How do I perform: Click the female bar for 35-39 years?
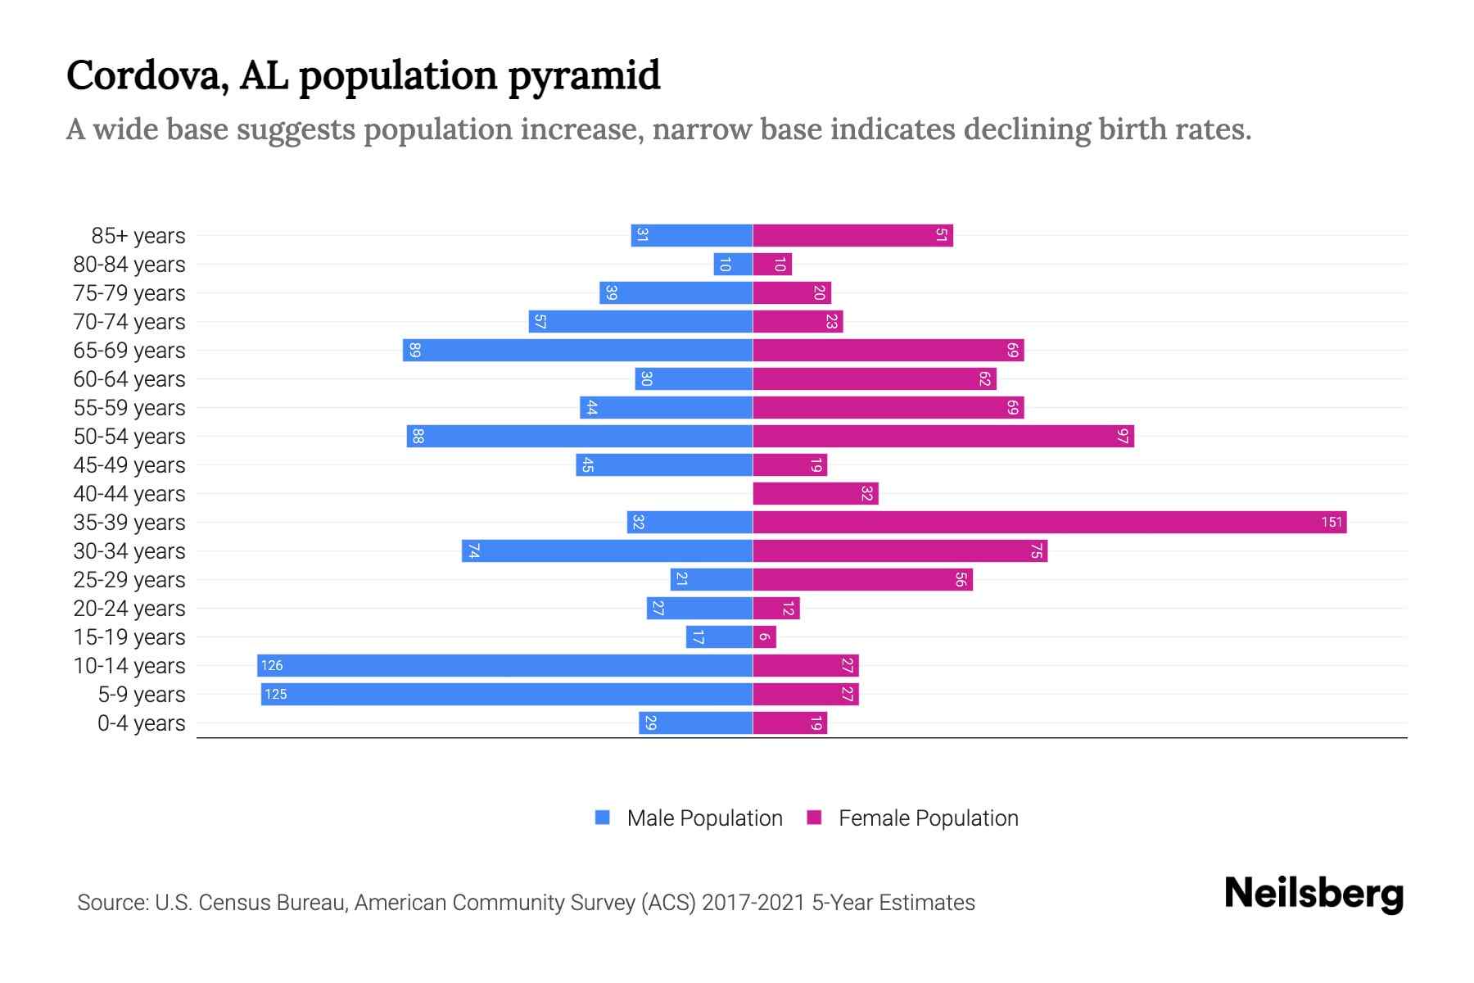pyautogui.click(x=1049, y=522)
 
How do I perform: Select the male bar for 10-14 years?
pyautogui.click(x=504, y=665)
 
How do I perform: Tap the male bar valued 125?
pyautogui.click(x=506, y=694)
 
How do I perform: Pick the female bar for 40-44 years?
pyautogui.click(x=815, y=493)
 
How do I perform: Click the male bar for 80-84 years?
pyautogui.click(x=733, y=264)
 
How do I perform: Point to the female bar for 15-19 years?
pyautogui.click(x=764, y=636)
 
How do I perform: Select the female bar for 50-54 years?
pyautogui.click(x=943, y=436)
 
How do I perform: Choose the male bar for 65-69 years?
pyautogui.click(x=577, y=350)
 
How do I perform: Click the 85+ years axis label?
pyautogui.click(x=138, y=236)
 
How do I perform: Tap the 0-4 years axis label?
pyautogui.click(x=141, y=723)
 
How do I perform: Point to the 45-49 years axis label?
pyautogui.click(x=129, y=465)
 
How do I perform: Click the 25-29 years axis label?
pyautogui.click(x=129, y=580)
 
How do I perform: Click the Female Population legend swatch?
pyautogui.click(x=814, y=818)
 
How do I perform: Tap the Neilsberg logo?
pyautogui.click(x=1313, y=894)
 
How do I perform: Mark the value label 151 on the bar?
pyautogui.click(x=1332, y=522)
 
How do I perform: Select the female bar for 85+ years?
pyautogui.click(x=852, y=235)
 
